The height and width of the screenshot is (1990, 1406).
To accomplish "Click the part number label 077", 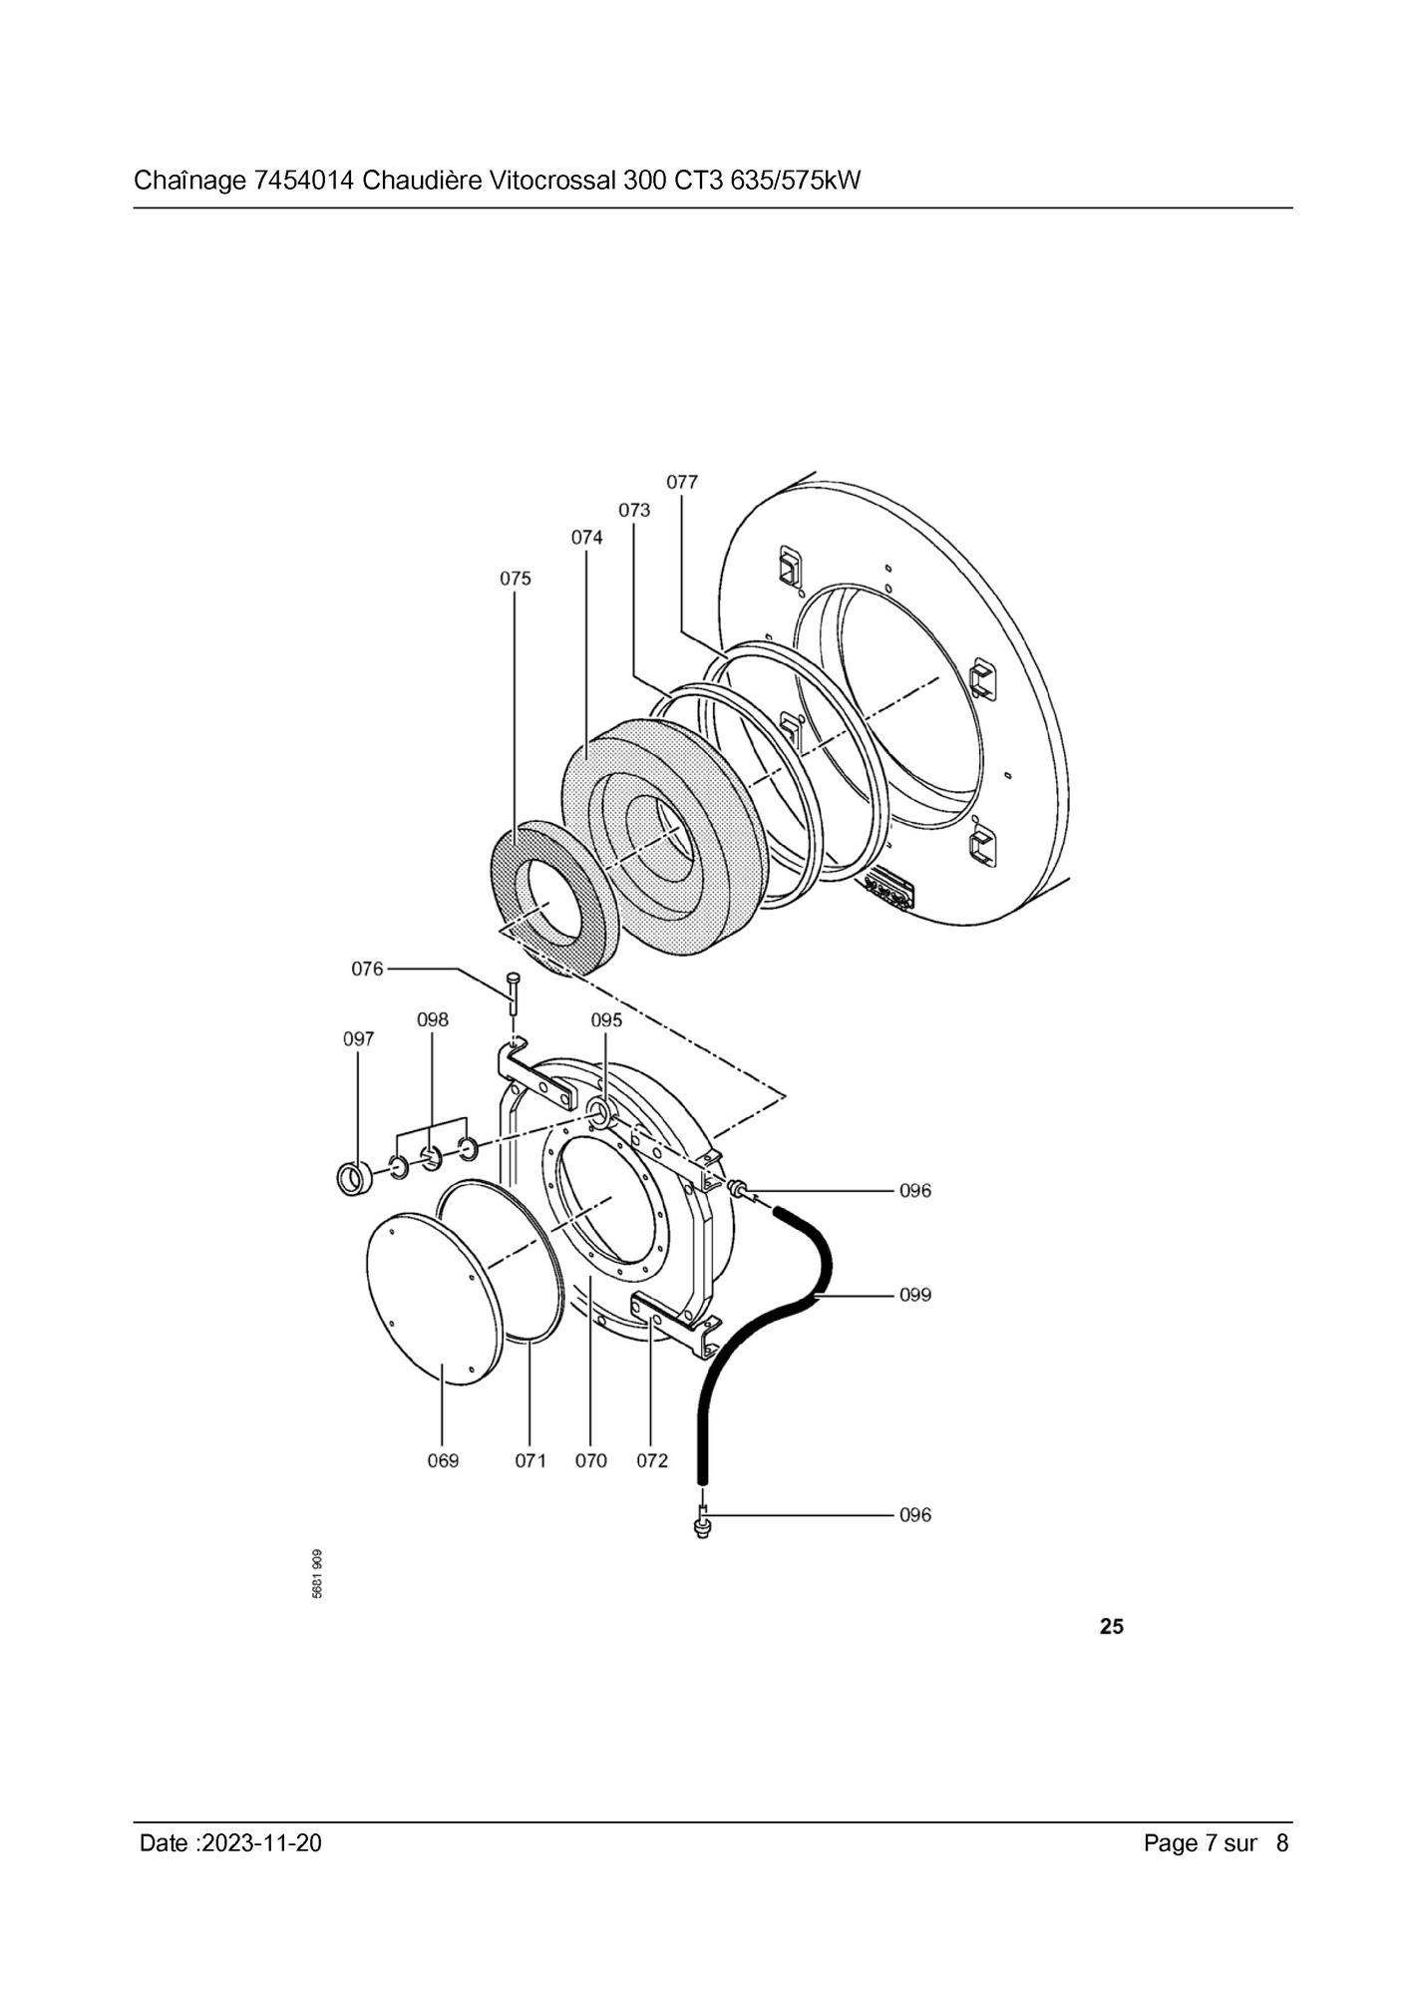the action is (x=682, y=482).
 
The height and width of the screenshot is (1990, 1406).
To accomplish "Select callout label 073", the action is (x=634, y=510).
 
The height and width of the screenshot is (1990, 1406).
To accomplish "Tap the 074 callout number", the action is (x=586, y=538).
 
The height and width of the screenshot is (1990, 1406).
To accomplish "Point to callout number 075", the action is (x=516, y=579).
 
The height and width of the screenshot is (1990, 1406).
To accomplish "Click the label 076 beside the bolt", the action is (x=367, y=969).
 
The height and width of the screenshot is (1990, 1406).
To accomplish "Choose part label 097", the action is (x=359, y=1039).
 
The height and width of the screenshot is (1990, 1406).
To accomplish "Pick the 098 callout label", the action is (x=433, y=1019).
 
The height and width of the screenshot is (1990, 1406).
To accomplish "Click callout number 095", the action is (x=606, y=1019).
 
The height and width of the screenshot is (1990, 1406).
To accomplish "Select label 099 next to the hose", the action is (x=915, y=1295).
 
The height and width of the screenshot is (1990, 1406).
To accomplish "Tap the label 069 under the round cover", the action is (x=443, y=1460).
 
